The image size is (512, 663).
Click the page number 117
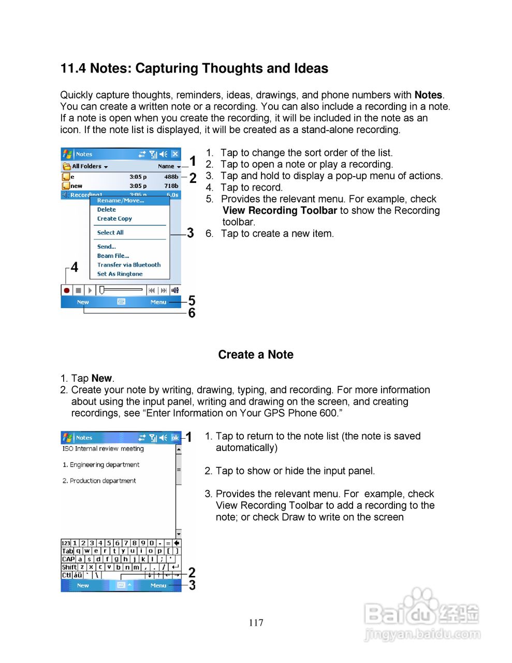(256, 623)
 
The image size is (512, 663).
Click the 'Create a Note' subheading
(256, 355)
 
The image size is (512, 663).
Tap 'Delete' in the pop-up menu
(107, 210)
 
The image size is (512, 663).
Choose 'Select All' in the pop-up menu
(110, 233)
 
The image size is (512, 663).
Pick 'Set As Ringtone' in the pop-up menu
(120, 274)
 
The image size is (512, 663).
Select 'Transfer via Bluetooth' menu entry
(129, 265)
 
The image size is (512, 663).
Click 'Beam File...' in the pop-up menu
(113, 256)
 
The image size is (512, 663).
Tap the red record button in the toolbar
(66, 291)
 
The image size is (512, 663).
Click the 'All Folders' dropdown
(86, 166)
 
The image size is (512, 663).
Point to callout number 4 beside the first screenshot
(75, 267)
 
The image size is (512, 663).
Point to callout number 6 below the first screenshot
(192, 313)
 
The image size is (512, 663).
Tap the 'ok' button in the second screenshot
(175, 438)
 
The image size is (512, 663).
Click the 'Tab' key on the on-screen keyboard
(67, 551)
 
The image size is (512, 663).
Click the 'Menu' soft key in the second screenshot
(158, 585)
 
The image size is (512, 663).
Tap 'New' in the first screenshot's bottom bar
(83, 302)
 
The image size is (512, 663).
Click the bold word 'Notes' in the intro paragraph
(428, 95)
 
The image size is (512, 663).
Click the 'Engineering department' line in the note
(101, 465)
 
